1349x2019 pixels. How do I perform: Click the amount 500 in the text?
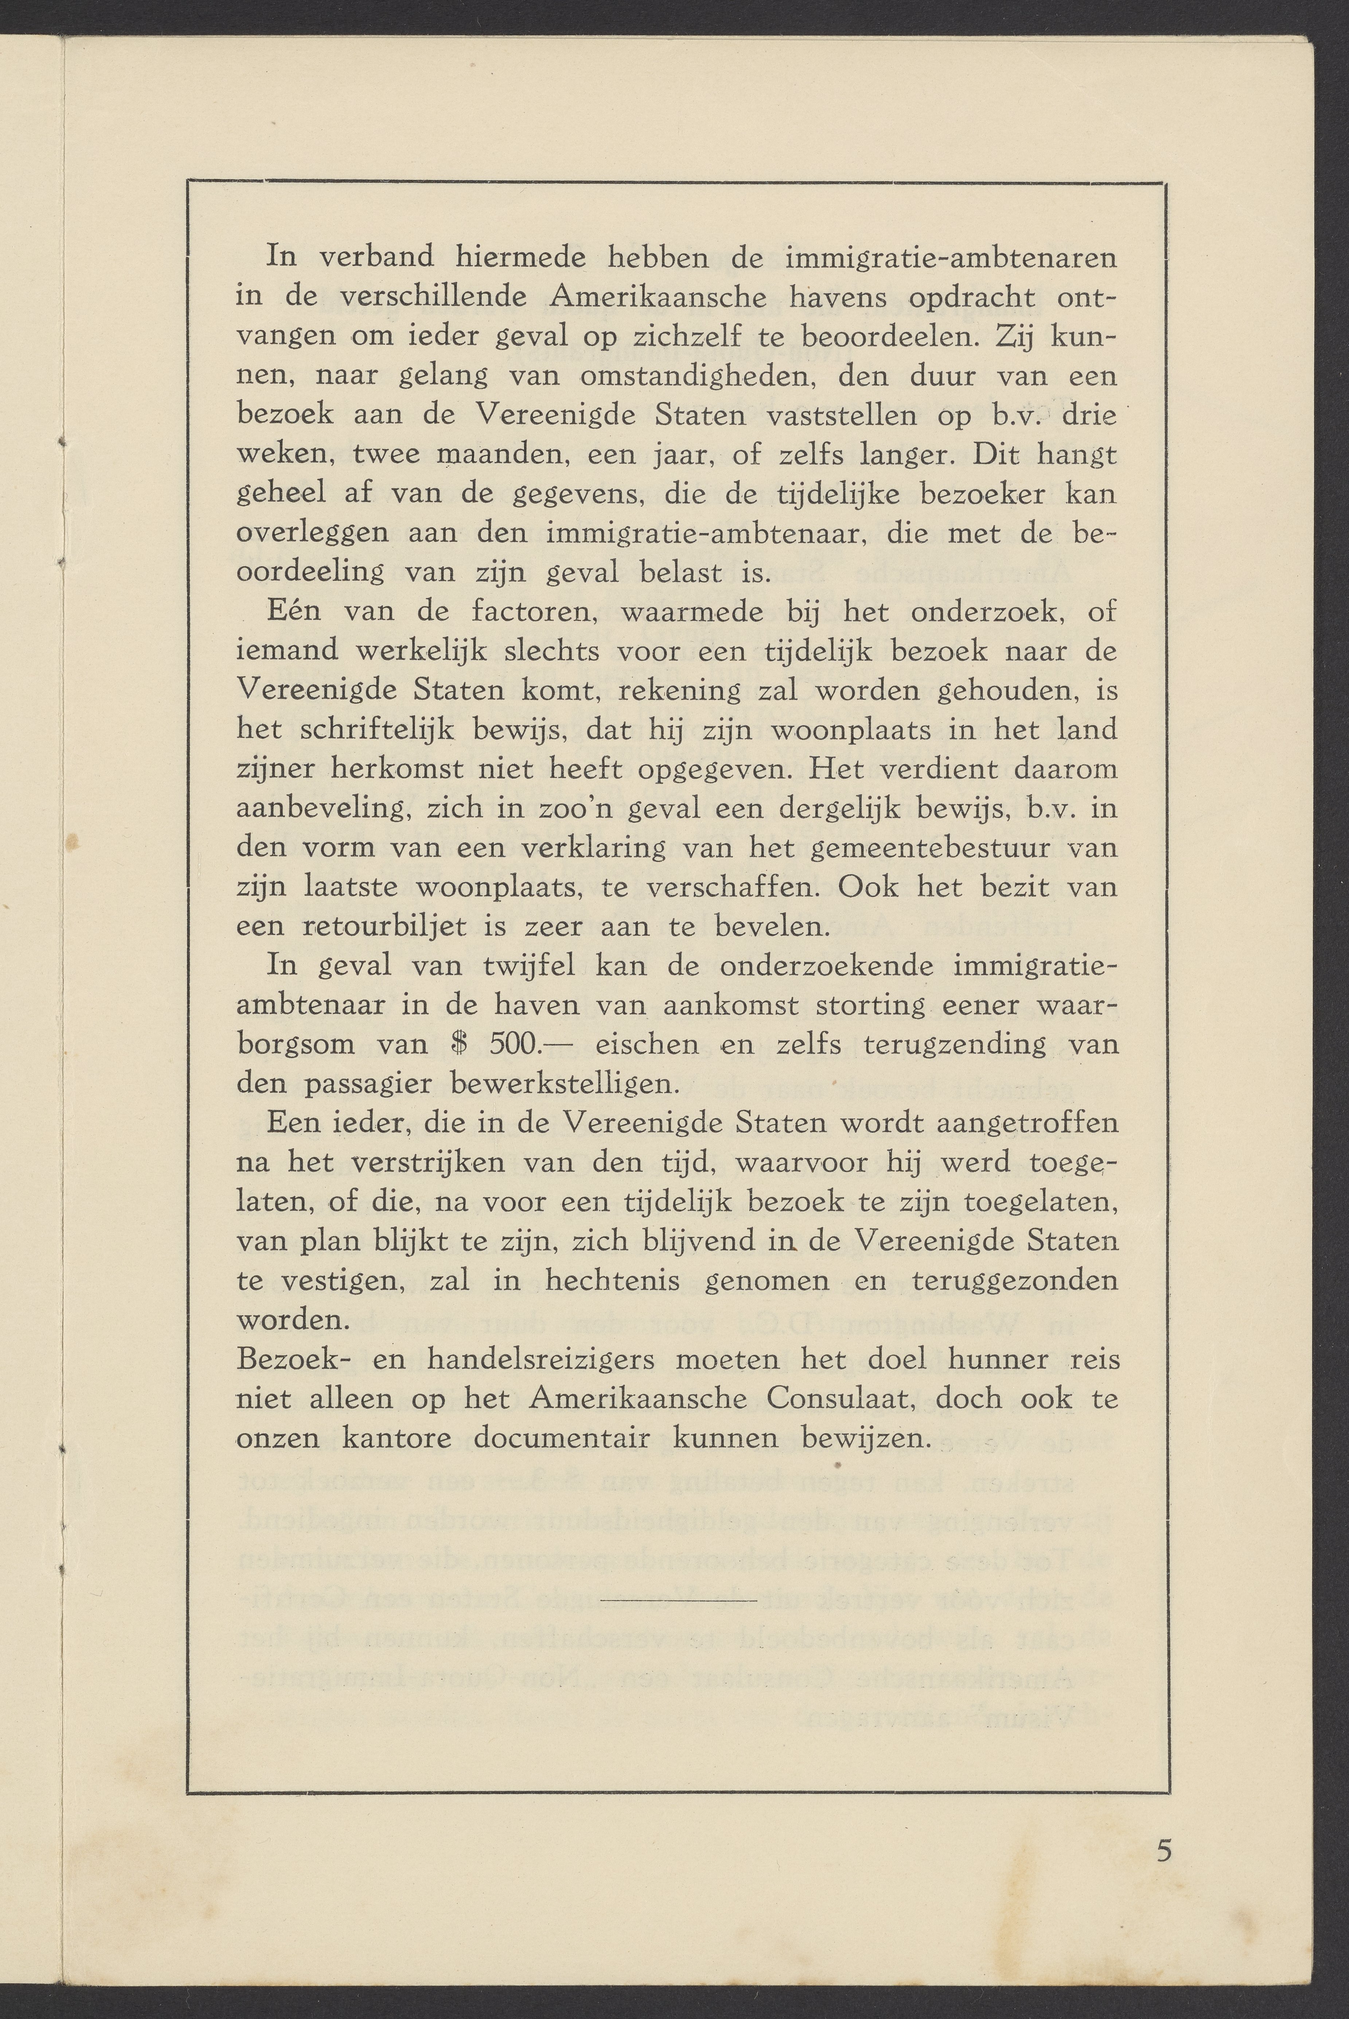514,1044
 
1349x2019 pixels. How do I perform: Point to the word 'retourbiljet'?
385,926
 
